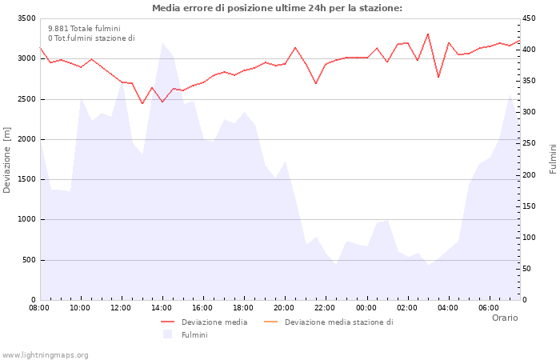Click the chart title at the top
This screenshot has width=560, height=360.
[277, 8]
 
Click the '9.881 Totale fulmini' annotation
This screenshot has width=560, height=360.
[84, 28]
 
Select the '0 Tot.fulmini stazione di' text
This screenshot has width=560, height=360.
[91, 38]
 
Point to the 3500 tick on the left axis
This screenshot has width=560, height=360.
[26, 18]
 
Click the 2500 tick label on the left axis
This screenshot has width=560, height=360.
[26, 99]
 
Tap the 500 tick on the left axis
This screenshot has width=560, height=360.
[28, 260]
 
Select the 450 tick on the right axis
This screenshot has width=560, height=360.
[531, 18]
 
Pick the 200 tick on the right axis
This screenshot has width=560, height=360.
[531, 174]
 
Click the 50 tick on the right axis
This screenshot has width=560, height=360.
[529, 269]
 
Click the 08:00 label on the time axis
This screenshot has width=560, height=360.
[39, 307]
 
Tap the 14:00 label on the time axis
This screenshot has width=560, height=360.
[162, 307]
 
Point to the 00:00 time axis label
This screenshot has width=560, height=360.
[366, 307]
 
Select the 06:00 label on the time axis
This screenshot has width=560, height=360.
[488, 307]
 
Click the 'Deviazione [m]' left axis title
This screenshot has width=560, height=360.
[7, 160]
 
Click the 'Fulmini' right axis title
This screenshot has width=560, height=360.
[553, 158]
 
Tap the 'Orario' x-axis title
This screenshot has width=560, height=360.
[504, 318]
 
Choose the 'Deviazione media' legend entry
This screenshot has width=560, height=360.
[214, 322]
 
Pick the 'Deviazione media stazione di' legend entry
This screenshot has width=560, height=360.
[338, 322]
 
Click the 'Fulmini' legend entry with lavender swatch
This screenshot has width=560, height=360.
[194, 334]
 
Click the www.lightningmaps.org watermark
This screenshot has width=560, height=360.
[46, 354]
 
